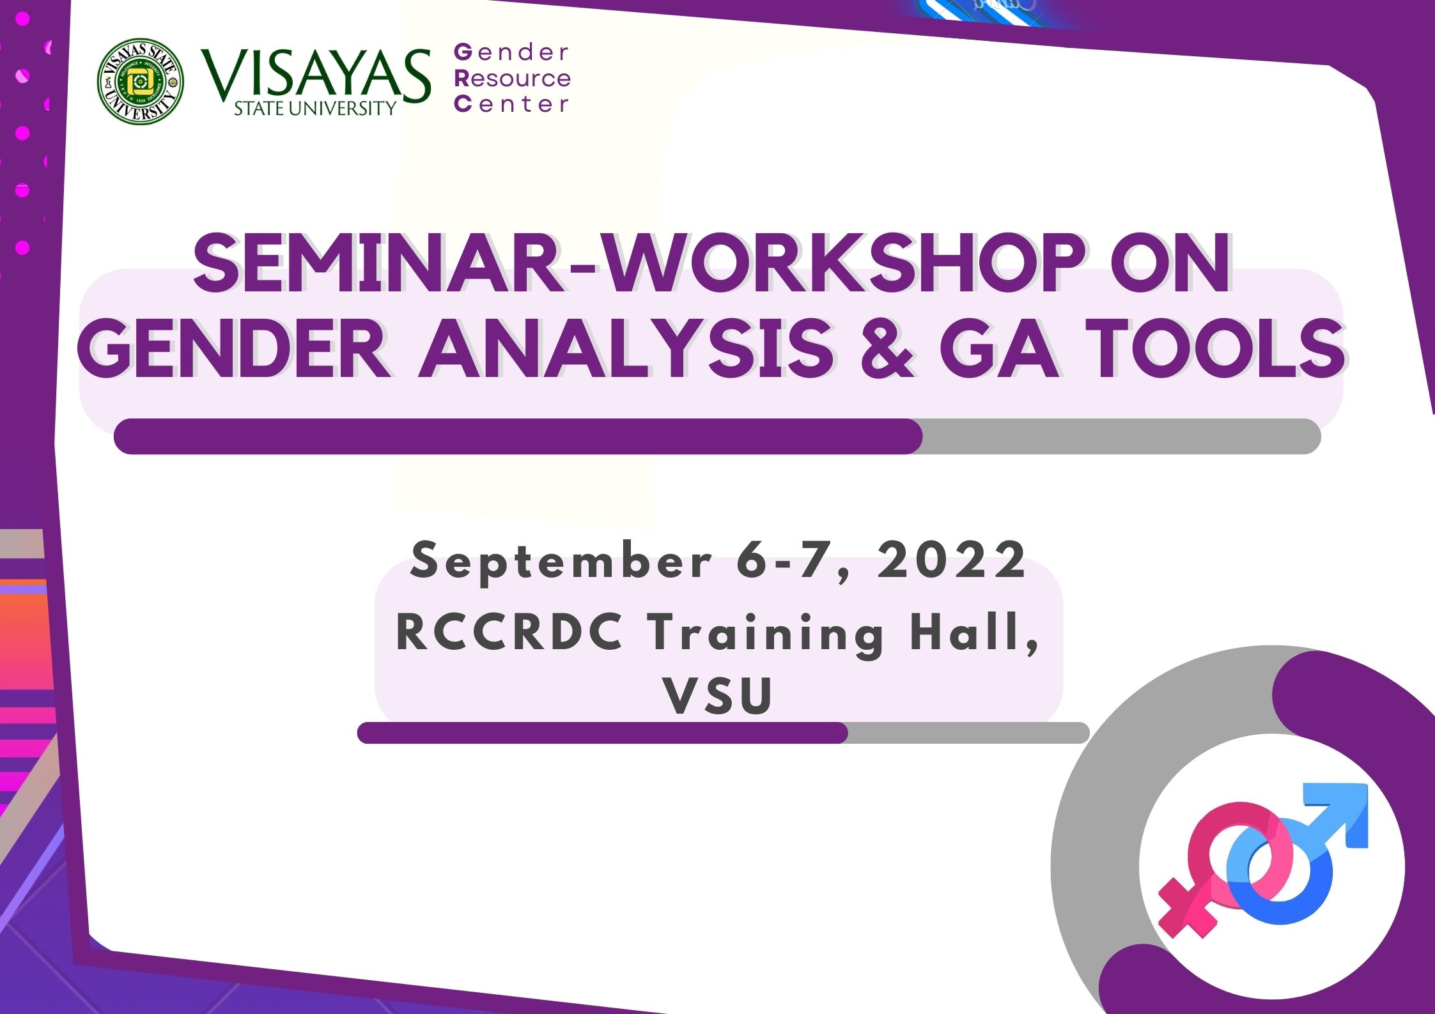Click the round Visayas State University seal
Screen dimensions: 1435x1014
(141, 81)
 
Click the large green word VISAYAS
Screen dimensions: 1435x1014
(316, 75)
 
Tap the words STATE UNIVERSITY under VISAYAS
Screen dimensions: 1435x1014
(315, 109)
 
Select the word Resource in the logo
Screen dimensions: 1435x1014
(512, 79)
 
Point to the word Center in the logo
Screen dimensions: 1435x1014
(511, 104)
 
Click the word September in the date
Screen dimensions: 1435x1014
(561, 561)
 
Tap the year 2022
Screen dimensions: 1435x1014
(951, 560)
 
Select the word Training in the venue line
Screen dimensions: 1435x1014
(767, 635)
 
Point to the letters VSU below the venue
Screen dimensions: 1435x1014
(718, 696)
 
